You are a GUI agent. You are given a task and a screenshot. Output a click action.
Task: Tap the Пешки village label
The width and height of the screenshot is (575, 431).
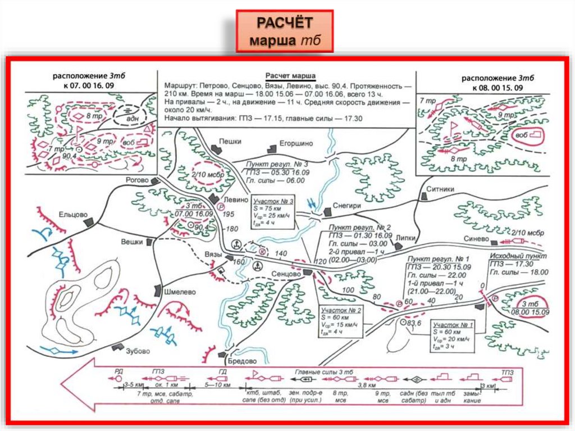pos(229,142)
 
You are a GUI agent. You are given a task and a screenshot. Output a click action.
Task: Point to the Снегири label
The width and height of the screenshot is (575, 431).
pos(346,206)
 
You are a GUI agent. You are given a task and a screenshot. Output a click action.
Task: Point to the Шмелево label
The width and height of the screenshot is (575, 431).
pos(179,292)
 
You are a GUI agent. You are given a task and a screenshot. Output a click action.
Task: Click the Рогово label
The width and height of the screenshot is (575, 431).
pos(138,180)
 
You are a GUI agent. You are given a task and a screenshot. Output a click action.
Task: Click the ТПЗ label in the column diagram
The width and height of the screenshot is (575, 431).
pos(508,371)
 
